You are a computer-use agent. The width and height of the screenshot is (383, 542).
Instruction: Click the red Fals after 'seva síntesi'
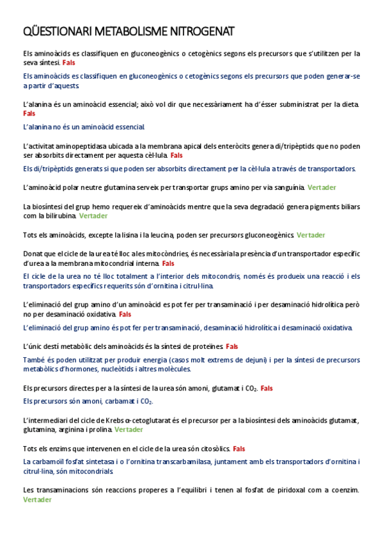tap(69, 63)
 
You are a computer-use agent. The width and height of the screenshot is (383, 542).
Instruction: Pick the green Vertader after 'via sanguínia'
tap(322, 187)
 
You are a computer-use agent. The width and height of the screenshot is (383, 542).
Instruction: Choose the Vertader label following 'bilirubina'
tap(93, 216)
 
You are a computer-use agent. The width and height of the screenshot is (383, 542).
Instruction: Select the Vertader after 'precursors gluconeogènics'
tap(311, 235)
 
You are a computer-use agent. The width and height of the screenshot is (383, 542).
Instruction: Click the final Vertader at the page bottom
tap(37, 500)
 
